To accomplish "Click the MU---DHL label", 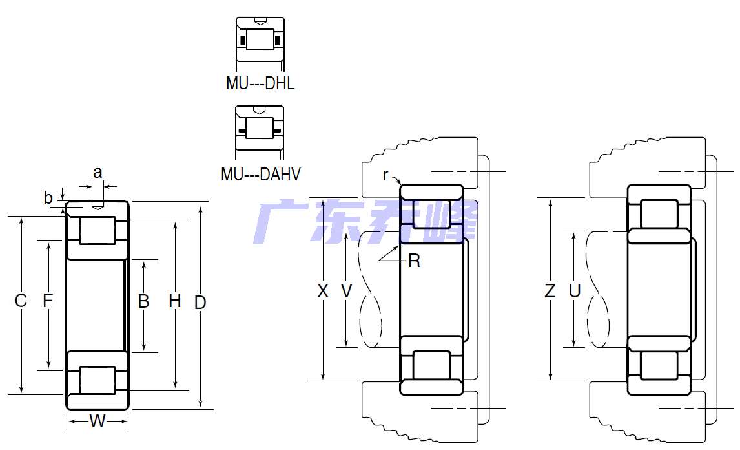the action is pyautogui.click(x=260, y=83).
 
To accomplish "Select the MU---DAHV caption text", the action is pyautogui.click(x=260, y=175).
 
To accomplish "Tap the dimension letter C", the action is pyautogui.click(x=21, y=301).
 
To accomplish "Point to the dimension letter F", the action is pyautogui.click(x=48, y=300).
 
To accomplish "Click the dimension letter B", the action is pyautogui.click(x=143, y=301).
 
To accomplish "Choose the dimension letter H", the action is pyautogui.click(x=174, y=301).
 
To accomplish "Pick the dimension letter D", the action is pyautogui.click(x=200, y=303).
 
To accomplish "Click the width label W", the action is pyautogui.click(x=98, y=421).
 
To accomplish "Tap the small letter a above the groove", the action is pyautogui.click(x=98, y=173).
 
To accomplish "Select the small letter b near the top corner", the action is pyautogui.click(x=48, y=198).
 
